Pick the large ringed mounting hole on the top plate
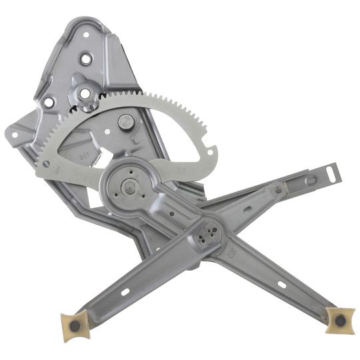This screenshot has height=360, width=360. (x=86, y=59)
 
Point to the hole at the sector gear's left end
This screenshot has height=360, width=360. (x=46, y=163)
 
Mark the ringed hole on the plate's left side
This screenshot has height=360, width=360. (x=48, y=103)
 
